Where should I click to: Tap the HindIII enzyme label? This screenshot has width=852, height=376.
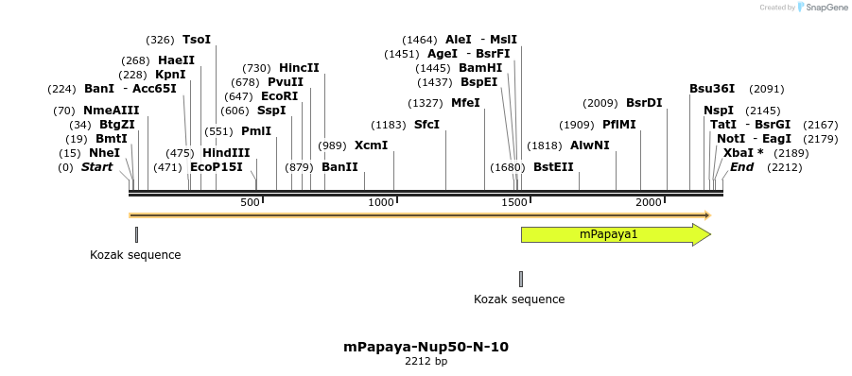click(x=226, y=153)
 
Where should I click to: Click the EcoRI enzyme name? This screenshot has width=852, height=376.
click(x=279, y=96)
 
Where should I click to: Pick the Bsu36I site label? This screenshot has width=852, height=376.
click(x=712, y=89)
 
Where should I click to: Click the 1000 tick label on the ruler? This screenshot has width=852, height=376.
click(x=381, y=203)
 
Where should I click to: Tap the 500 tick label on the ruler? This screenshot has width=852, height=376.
click(x=250, y=203)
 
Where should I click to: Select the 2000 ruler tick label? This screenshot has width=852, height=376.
click(x=650, y=203)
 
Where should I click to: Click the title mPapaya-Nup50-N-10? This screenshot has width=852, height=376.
click(x=426, y=347)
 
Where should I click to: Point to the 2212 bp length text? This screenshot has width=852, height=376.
click(x=426, y=361)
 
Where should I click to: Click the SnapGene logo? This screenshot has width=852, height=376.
click(x=821, y=8)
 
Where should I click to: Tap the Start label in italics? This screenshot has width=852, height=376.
click(x=96, y=167)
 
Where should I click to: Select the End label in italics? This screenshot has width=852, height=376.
click(x=742, y=167)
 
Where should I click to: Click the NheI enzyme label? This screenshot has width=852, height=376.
click(x=104, y=153)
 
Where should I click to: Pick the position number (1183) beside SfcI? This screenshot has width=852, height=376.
click(x=389, y=125)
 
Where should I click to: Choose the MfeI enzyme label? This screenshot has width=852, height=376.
click(x=465, y=103)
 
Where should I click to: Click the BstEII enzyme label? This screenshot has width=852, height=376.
click(x=553, y=167)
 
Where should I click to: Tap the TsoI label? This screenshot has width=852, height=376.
click(x=197, y=40)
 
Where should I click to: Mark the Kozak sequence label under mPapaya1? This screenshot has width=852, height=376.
click(x=519, y=299)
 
